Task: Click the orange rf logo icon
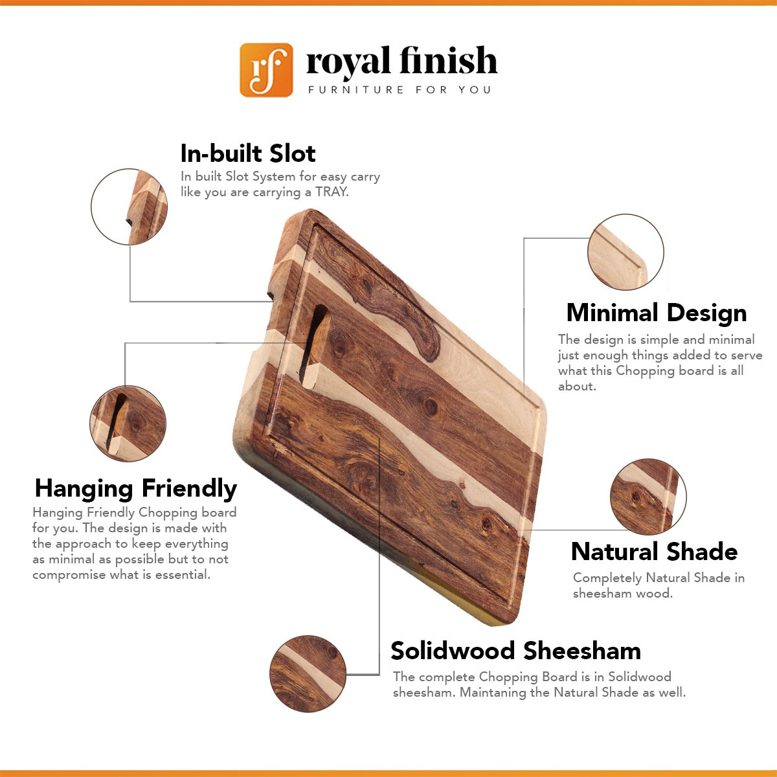[266, 70]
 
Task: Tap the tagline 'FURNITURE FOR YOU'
[400, 89]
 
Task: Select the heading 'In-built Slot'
[247, 153]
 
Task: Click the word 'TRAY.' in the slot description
[332, 192]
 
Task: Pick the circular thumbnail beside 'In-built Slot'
[129, 207]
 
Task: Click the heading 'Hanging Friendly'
[136, 489]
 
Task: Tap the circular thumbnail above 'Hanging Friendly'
[128, 423]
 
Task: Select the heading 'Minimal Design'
[657, 313]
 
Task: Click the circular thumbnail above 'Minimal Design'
[625, 252]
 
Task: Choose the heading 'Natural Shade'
[655, 552]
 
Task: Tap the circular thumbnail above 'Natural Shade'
[648, 497]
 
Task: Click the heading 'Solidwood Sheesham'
[515, 651]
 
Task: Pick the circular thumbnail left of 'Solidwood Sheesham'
[308, 674]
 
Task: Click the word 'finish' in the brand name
[448, 60]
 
